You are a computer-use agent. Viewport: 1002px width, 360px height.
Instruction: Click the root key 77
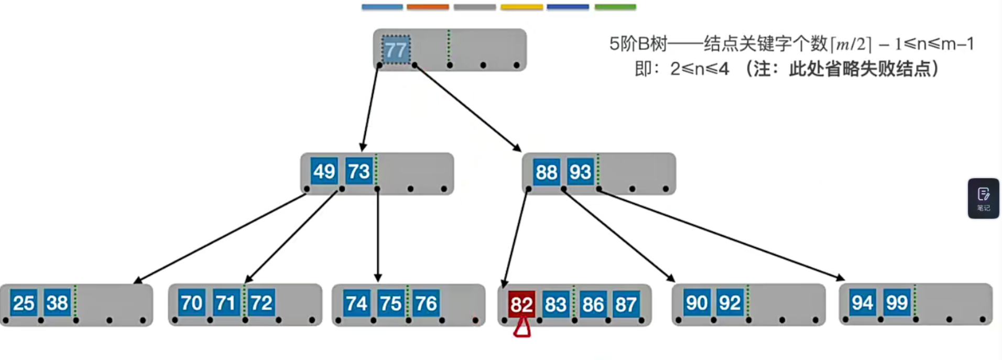396,50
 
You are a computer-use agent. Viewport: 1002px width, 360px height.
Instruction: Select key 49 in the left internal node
324,171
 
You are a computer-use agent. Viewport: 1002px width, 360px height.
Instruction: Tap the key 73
359,171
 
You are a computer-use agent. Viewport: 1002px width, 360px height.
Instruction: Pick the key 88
546,172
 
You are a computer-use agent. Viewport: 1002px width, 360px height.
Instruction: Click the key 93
580,172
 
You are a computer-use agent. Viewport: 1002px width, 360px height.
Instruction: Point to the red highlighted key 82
521,304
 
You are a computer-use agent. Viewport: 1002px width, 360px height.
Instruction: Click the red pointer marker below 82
522,329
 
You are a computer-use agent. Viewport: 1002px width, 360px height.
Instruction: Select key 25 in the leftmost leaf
24,303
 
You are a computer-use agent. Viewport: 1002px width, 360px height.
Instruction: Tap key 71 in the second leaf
226,303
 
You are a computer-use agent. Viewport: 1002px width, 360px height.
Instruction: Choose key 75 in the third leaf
390,303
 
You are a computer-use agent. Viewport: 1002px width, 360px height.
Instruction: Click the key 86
593,304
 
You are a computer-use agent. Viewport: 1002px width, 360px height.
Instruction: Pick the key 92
729,303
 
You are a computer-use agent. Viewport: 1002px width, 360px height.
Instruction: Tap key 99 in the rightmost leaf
897,302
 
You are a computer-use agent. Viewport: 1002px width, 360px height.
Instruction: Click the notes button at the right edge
983,199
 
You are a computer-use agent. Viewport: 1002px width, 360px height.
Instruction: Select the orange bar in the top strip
428,7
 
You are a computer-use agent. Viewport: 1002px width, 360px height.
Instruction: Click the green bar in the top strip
615,7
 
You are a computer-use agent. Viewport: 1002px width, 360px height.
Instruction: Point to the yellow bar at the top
521,7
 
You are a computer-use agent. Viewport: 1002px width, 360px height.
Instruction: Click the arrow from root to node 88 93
466,107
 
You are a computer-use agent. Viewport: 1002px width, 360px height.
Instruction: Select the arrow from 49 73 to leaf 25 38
220,238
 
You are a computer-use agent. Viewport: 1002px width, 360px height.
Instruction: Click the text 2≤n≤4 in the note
700,69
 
